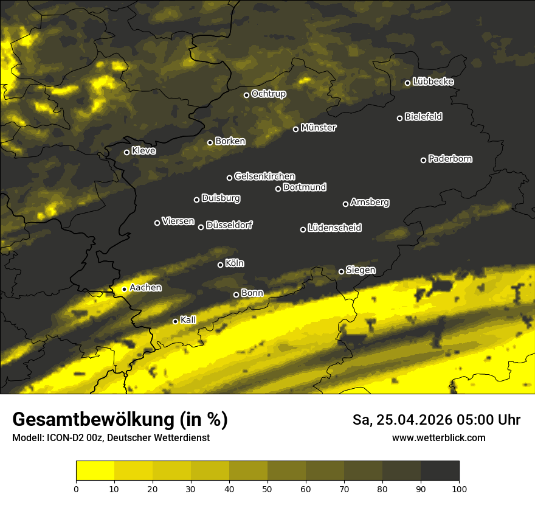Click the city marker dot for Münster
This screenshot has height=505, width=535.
[296, 129]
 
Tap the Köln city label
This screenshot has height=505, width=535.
[235, 263]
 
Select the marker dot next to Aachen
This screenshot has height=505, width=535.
[125, 289]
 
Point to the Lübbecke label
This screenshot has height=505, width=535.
[433, 82]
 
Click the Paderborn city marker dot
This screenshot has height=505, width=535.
[424, 160]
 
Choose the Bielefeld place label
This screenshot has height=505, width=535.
[423, 116]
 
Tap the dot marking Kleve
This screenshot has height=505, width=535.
[127, 152]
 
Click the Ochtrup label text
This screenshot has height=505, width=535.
[268, 94]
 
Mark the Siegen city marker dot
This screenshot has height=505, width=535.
[342, 271]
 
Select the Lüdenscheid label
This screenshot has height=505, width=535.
[334, 228]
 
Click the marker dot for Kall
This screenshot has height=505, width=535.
[176, 321]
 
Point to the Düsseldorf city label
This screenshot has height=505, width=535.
[229, 225]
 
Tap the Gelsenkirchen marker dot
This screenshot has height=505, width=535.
[230, 178]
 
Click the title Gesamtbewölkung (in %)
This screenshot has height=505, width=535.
[120, 420]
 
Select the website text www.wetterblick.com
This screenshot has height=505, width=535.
[439, 437]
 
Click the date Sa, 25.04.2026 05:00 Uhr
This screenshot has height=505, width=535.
[436, 420]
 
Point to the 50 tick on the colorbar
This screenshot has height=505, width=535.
[267, 489]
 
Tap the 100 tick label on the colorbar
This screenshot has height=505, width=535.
[459, 489]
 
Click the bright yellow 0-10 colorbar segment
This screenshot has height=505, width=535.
[95, 471]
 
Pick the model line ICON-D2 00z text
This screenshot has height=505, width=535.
[111, 437]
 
